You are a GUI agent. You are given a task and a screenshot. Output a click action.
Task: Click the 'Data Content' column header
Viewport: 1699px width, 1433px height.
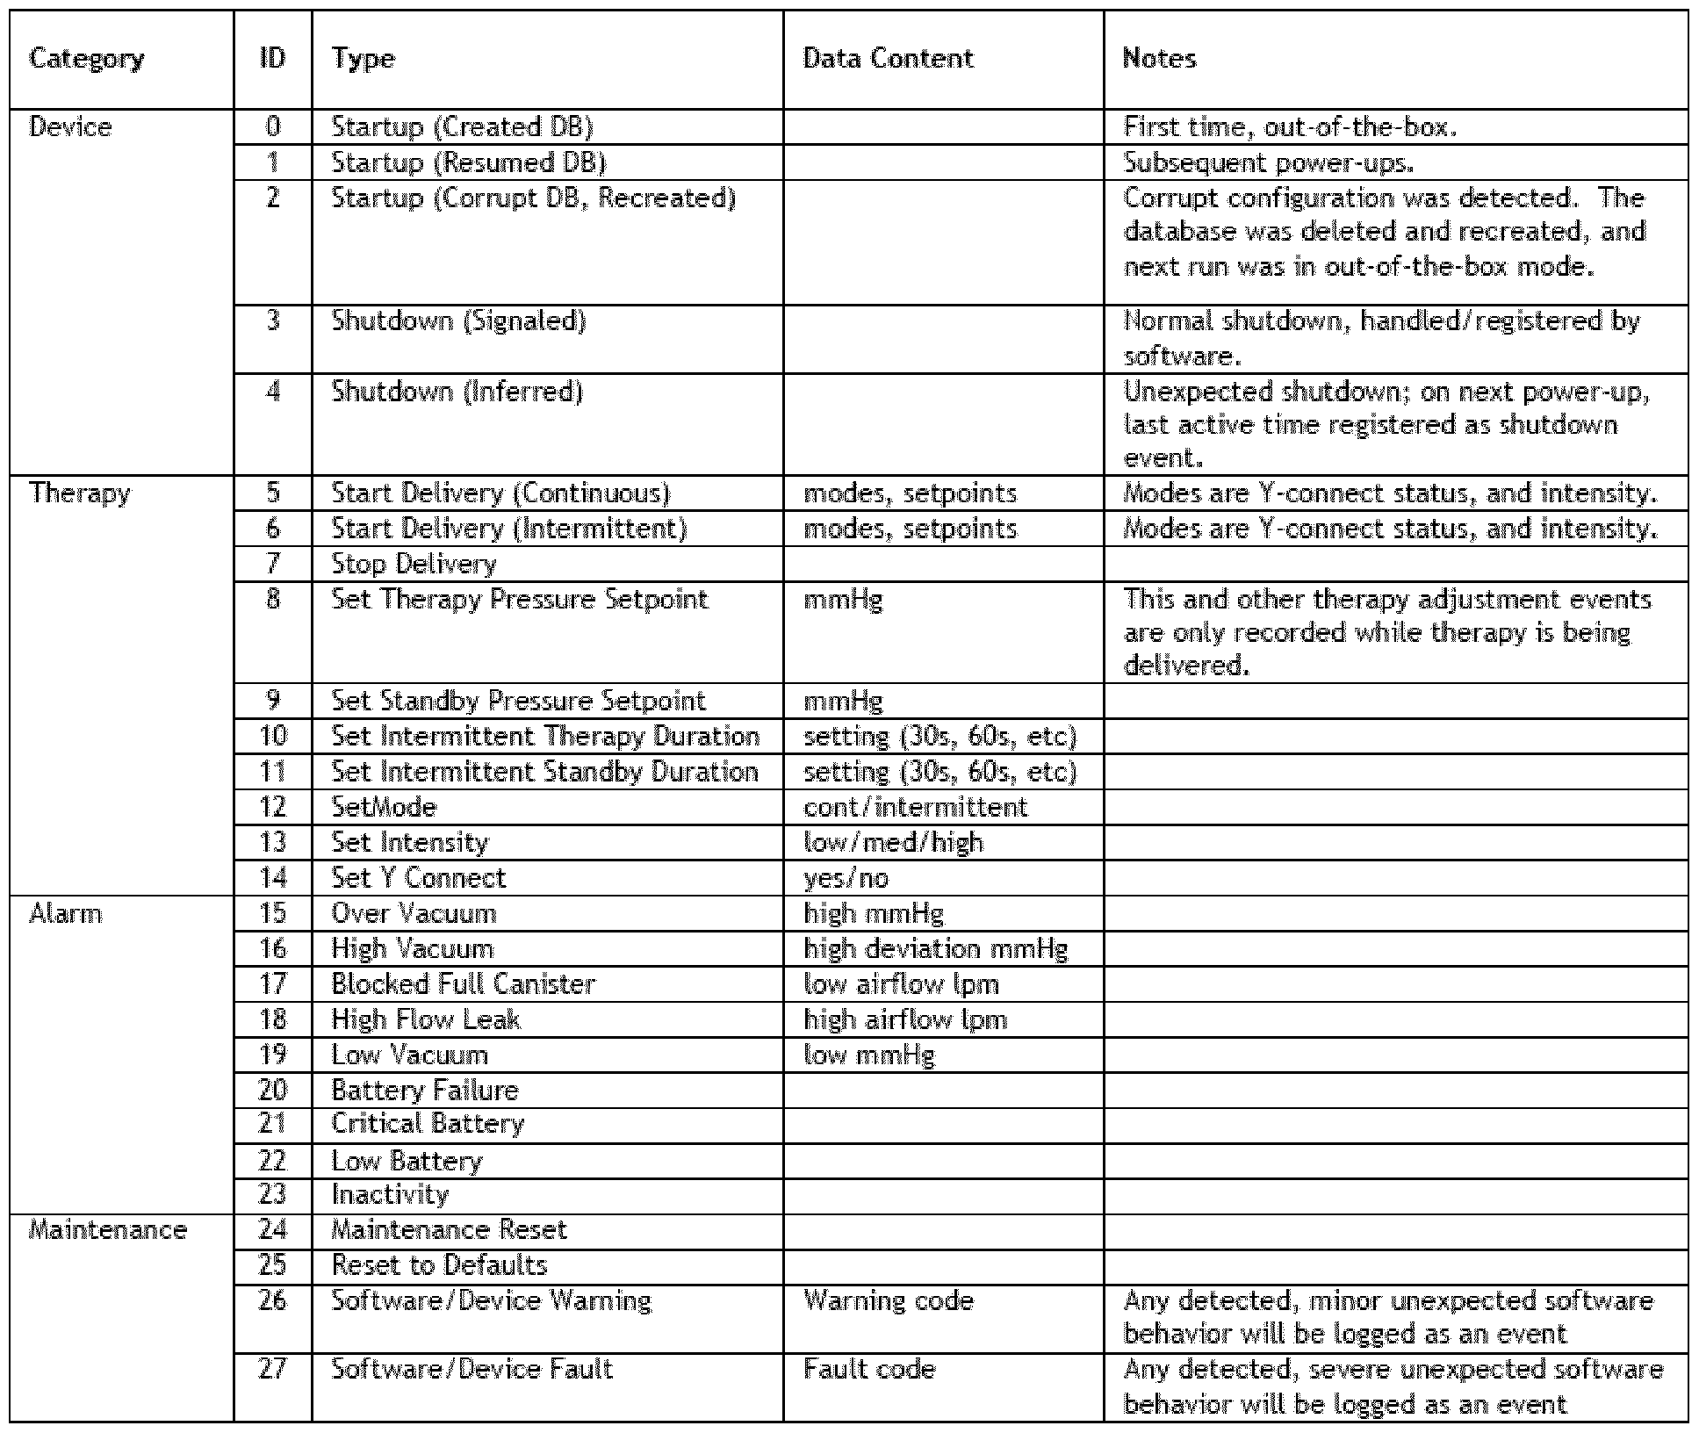(888, 59)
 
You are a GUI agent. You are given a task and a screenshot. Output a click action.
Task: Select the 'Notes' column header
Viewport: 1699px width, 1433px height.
(1159, 59)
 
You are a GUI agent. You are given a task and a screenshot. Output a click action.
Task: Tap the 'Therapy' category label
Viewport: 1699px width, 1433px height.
(79, 493)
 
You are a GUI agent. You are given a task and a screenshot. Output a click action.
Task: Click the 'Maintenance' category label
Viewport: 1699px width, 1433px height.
(108, 1229)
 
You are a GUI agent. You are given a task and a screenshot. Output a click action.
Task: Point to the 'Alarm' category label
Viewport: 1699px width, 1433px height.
(66, 913)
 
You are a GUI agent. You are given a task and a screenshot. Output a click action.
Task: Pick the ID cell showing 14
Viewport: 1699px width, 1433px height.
(273, 877)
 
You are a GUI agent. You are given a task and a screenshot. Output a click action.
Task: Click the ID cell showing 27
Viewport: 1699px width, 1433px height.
(273, 1368)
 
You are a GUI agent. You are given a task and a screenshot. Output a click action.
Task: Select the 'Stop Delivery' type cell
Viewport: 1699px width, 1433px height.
(414, 564)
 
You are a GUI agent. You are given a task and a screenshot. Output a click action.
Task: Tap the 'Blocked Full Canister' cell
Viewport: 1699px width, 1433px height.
(463, 983)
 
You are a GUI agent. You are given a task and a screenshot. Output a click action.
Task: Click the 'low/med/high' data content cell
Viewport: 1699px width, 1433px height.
(893, 842)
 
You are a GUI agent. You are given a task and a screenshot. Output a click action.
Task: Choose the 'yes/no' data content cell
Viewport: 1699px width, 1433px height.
(846, 877)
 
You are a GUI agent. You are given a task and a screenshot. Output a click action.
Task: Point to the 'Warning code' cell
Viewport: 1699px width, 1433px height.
(889, 1300)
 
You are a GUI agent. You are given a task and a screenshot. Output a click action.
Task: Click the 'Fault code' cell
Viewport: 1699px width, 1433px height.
(869, 1368)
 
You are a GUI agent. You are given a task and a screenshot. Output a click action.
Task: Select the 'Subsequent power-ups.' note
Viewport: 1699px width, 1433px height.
(1269, 162)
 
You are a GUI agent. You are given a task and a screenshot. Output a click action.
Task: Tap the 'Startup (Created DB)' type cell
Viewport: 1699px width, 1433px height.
(462, 127)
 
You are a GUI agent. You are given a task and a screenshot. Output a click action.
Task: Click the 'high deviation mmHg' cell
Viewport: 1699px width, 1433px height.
(935, 948)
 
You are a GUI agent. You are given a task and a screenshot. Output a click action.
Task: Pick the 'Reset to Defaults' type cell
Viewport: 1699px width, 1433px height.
(439, 1264)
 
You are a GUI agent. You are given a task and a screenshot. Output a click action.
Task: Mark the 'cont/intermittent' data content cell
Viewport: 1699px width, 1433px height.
(915, 807)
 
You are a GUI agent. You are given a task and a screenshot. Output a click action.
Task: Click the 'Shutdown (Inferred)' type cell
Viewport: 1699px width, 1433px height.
(457, 392)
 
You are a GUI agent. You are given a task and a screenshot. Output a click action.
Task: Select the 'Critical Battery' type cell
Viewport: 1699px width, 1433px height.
(428, 1124)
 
